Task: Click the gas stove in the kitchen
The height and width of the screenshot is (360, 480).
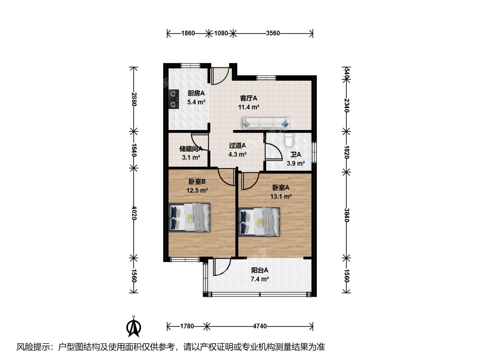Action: click(174, 99)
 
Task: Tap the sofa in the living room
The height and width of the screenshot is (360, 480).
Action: click(266, 123)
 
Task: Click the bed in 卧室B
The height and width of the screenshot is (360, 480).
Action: click(189, 217)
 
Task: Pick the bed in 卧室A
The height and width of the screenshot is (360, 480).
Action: click(259, 222)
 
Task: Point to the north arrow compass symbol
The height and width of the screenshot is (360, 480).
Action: click(134, 327)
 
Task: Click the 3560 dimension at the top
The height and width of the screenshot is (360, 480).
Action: click(273, 33)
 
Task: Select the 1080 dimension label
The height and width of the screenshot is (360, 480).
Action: click(221, 33)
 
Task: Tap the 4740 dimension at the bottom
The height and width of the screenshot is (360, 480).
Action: click(260, 326)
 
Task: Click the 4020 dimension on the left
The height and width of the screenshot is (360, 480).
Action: click(134, 213)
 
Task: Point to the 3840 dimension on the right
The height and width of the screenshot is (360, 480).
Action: click(347, 215)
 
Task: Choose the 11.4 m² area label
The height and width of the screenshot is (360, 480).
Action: click(249, 107)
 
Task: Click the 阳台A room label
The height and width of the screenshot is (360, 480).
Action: click(260, 270)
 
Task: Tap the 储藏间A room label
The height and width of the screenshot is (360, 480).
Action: click(191, 149)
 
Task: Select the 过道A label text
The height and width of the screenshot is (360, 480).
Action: click(237, 145)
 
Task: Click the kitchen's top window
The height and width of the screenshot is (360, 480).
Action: click(190, 65)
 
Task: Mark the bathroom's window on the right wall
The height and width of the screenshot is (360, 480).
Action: click(314, 152)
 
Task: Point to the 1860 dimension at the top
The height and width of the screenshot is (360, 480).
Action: click(188, 33)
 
